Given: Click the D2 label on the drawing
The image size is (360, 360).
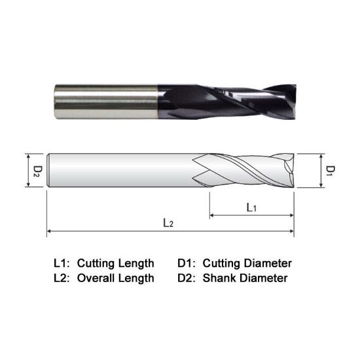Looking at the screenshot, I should point(37,171).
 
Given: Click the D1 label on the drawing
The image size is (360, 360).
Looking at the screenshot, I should point(331,171).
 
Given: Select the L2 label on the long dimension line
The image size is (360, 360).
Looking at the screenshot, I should point(168,223).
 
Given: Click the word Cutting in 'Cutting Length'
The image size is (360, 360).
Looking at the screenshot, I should point(96,264).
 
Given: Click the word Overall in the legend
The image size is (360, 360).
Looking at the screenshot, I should point(96,278).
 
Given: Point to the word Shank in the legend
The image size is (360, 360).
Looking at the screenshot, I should point(219,278).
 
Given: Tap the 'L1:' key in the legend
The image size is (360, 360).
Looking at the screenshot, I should point(62,264).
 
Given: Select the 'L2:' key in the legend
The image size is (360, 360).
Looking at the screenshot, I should point(62,278).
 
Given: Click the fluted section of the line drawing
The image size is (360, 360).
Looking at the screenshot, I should point(245,171).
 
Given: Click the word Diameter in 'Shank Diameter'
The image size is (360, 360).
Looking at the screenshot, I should point(264,278).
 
